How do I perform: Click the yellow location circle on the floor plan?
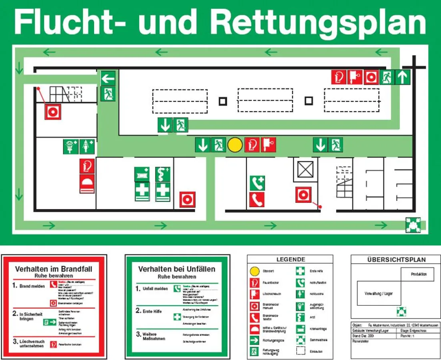235,145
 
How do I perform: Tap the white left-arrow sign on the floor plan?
108,78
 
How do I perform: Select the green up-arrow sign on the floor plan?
403,77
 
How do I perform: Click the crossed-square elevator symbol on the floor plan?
305,170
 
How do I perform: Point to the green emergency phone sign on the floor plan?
257,183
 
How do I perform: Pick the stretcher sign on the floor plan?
142,174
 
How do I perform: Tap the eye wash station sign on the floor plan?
71,146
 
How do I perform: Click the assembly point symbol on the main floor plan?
412,225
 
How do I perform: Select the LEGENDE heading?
291,260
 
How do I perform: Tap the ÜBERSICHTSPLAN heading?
396,260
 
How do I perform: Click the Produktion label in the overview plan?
419,274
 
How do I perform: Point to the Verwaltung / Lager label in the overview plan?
379,294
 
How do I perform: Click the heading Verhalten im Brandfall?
54,269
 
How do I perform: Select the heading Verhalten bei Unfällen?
176,269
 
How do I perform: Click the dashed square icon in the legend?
301,351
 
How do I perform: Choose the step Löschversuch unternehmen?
32,343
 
